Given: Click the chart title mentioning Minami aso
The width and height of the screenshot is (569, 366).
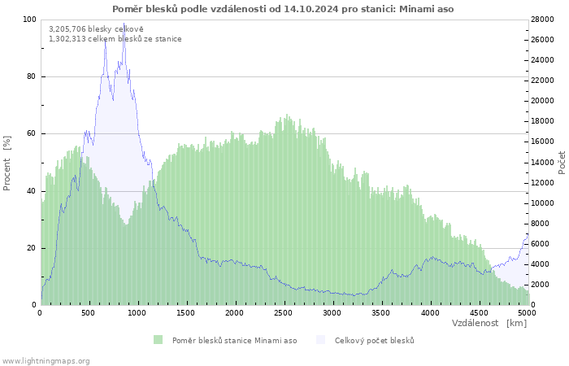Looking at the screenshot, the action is click(283, 9).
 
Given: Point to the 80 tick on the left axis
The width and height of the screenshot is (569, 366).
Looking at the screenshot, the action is click(31, 76).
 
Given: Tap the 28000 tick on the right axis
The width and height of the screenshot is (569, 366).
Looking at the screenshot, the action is click(542, 20).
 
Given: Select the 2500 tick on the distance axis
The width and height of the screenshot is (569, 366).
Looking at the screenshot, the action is click(283, 313).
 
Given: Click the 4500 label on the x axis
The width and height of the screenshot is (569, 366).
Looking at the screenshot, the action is click(479, 313).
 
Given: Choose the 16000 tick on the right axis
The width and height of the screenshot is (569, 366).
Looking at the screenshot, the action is click(542, 142).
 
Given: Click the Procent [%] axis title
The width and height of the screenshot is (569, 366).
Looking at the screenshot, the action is click(7, 163).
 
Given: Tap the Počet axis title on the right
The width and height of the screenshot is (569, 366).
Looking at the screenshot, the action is click(562, 163).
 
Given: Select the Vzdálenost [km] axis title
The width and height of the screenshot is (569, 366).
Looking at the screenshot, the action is click(489, 323).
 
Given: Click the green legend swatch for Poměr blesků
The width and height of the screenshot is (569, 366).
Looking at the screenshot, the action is click(158, 340).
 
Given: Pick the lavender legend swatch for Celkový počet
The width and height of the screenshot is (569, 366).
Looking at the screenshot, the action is click(320, 340).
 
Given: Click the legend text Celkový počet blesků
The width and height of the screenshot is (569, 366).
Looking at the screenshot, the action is click(375, 341).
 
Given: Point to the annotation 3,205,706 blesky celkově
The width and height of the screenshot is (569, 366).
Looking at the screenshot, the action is click(96, 29).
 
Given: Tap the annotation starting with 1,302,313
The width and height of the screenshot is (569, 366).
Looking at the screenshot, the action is click(115, 39).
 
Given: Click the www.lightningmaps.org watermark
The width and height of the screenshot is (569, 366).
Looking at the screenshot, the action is click(45, 361).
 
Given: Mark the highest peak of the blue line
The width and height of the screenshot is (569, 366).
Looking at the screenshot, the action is click(124, 24).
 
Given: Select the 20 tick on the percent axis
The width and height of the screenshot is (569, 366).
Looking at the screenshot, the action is click(31, 248).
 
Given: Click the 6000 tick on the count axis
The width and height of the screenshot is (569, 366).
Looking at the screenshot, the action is click(541, 244).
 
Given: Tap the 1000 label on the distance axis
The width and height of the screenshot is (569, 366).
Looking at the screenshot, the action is click(137, 313).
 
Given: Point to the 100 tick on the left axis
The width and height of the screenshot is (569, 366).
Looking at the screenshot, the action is click(29, 20).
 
